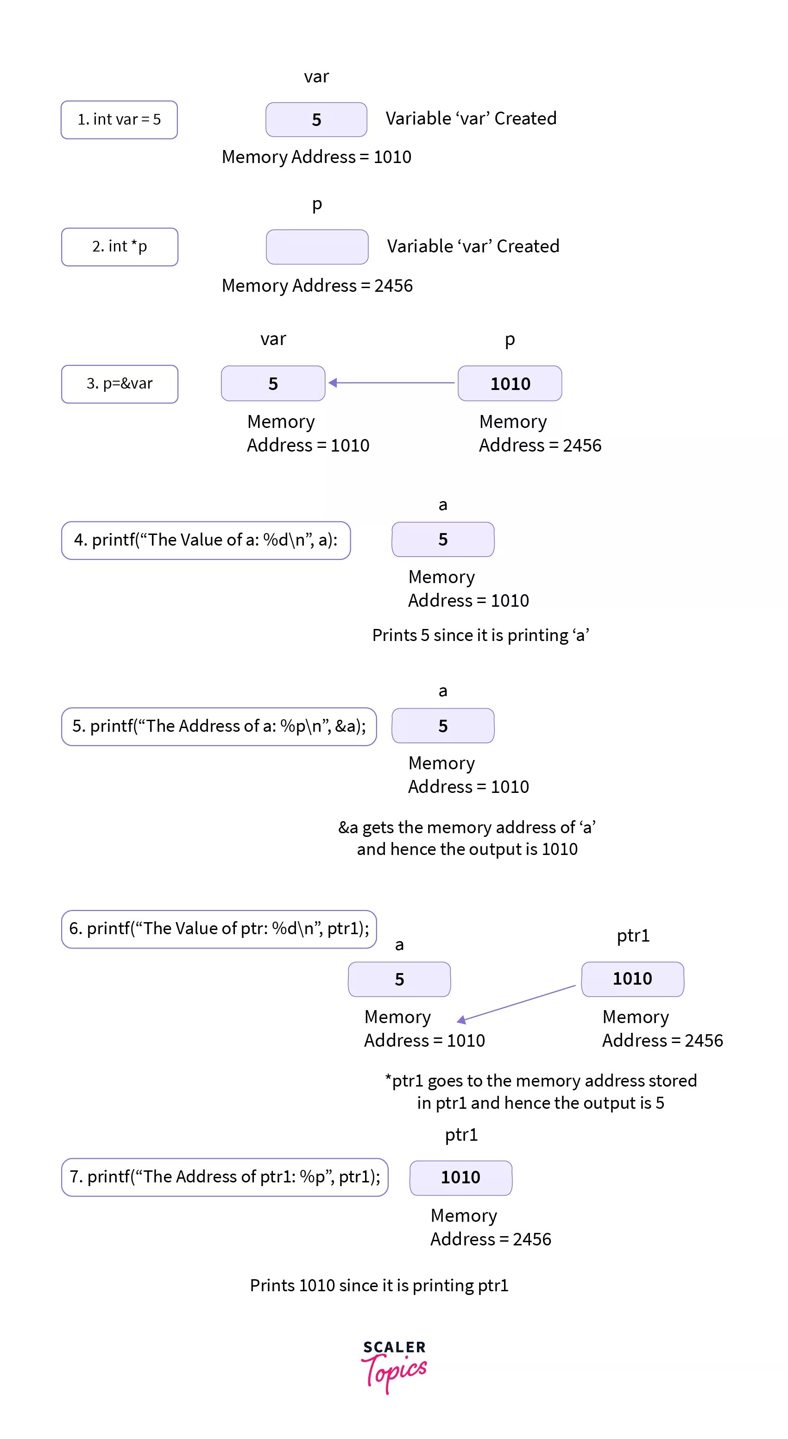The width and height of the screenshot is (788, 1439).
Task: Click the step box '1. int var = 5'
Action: (x=119, y=119)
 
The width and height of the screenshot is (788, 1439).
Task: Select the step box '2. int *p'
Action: (x=120, y=246)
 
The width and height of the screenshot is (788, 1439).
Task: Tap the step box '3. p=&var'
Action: (x=120, y=384)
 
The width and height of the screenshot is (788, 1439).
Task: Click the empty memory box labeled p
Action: (x=317, y=246)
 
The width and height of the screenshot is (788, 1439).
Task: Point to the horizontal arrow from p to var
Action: (x=391, y=383)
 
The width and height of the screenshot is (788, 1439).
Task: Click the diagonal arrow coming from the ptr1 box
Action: (x=517, y=1003)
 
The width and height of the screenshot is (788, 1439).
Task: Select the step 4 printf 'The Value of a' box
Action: (x=206, y=540)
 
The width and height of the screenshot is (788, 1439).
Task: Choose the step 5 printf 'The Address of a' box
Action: (x=219, y=726)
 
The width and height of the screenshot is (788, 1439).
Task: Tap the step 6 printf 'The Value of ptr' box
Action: (x=219, y=929)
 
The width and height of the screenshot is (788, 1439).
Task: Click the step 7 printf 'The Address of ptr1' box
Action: (x=225, y=1177)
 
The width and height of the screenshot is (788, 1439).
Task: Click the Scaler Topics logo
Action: (x=394, y=1366)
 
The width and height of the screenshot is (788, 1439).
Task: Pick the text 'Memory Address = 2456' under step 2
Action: (x=317, y=285)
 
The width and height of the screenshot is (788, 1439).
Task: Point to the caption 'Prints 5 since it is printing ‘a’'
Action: (x=480, y=635)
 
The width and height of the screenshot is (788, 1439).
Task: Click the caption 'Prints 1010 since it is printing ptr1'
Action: (x=379, y=1285)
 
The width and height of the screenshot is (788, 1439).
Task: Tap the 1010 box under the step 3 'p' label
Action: (x=510, y=383)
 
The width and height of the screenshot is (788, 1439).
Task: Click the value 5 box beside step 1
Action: (x=316, y=119)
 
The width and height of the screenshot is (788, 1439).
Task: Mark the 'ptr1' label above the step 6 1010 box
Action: (x=633, y=936)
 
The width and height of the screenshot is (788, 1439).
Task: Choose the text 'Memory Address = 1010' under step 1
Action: (x=316, y=157)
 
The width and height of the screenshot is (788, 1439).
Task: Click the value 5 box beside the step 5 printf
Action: (x=442, y=726)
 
